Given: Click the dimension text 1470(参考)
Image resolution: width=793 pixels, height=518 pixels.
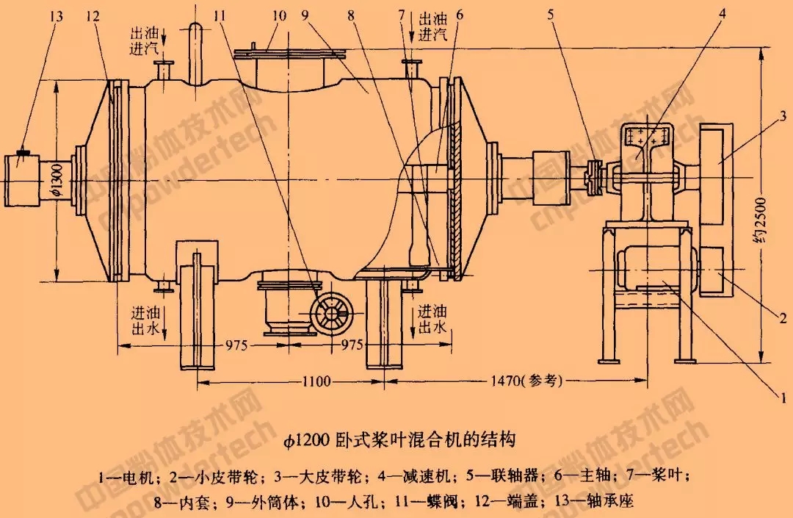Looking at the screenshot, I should pos(527,381).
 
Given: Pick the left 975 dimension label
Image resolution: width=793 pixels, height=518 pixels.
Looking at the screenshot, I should pos(246,343).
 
